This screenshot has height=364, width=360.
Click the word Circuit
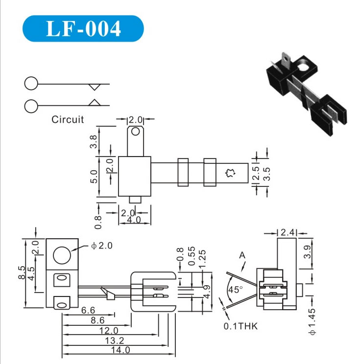click(68, 119)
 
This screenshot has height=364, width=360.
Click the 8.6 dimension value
click(98, 320)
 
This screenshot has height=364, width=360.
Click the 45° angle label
click(235, 289)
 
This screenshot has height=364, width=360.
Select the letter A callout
click(242, 255)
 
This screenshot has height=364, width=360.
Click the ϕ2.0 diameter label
click(102, 246)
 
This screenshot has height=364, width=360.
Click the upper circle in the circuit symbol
click(31, 84)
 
